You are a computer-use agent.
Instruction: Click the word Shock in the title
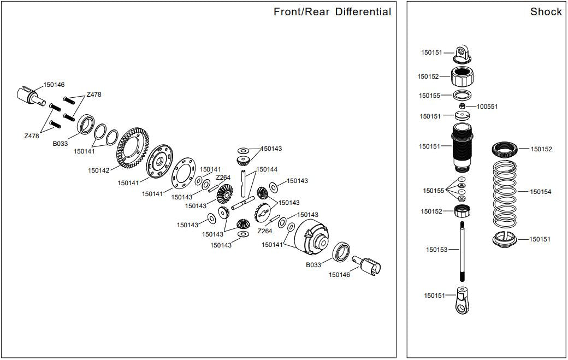546,11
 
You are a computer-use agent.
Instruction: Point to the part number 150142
99,170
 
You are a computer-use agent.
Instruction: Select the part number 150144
267,169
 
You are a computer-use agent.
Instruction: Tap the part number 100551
487,107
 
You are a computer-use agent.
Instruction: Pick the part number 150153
436,250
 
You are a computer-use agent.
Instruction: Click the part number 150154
541,192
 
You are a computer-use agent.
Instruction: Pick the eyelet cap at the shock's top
463,52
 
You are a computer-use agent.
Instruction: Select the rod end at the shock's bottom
463,302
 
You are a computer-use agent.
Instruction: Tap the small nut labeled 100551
462,105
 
